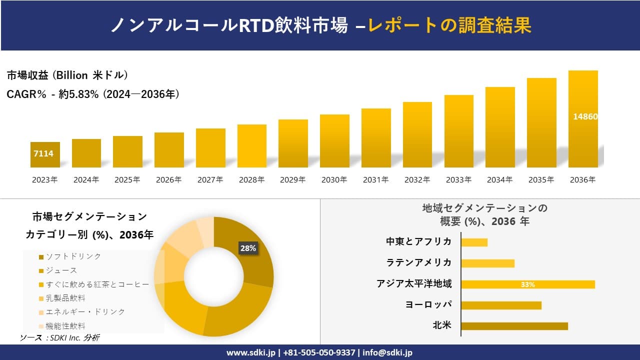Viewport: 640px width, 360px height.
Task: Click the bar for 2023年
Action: [45, 155]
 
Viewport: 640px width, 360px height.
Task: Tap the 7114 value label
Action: [43, 153]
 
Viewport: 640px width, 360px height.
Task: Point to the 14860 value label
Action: [585, 116]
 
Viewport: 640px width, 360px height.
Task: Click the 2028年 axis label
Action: [251, 180]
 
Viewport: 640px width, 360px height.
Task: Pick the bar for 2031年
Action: [376, 138]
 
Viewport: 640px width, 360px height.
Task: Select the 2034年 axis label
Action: [499, 180]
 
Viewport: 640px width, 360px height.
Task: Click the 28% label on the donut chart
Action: [248, 248]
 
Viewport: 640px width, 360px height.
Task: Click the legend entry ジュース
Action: [61, 270]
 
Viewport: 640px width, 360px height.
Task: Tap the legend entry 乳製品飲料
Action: [65, 298]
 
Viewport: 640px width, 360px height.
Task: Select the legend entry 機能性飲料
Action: [65, 326]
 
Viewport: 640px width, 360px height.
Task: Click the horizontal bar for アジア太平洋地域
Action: [528, 284]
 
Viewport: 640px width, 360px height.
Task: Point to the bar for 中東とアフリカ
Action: [474, 242]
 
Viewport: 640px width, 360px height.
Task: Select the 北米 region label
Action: [442, 326]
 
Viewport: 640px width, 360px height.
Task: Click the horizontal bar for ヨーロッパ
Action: [501, 305]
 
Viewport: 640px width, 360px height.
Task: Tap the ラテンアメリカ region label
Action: [419, 263]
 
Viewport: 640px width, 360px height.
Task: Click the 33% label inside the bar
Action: [527, 284]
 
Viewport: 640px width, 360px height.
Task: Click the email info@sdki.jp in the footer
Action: [388, 352]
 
